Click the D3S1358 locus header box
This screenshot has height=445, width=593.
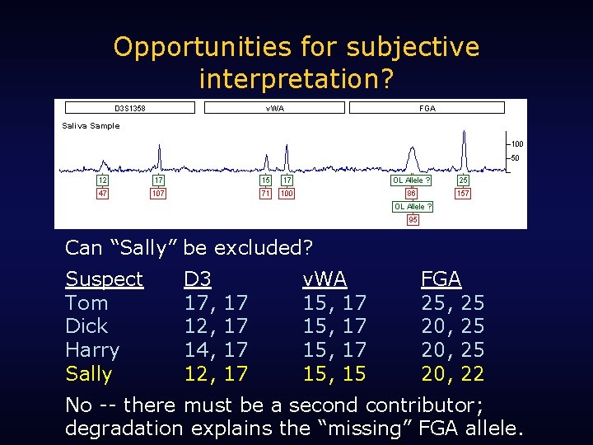pos(129,108)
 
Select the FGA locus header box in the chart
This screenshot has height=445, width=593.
pos(427,108)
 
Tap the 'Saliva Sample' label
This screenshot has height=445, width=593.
pos(91,126)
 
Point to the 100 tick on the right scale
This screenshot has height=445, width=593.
pos(516,144)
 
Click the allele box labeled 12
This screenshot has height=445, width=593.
pos(103,180)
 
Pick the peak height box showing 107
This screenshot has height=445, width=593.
pos(158,194)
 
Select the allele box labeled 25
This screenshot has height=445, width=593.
pos(463,180)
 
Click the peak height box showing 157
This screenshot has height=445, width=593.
pos(463,194)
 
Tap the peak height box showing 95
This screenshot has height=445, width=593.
pos(413,220)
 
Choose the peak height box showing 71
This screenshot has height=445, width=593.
pos(265,194)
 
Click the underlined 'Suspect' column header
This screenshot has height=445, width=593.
pos(104,279)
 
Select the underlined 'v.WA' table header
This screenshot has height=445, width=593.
pos(325,279)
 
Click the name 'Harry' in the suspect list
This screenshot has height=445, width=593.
pos(92,350)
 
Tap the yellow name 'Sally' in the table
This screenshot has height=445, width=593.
pos(88,374)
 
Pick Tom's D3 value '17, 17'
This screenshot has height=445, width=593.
pos(215,303)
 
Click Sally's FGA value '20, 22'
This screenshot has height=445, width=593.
pos(452,374)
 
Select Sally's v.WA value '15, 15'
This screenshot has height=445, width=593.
pos(334,374)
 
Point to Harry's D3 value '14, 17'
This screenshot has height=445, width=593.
pos(215,350)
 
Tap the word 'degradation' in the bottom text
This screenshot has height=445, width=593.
pos(124,429)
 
